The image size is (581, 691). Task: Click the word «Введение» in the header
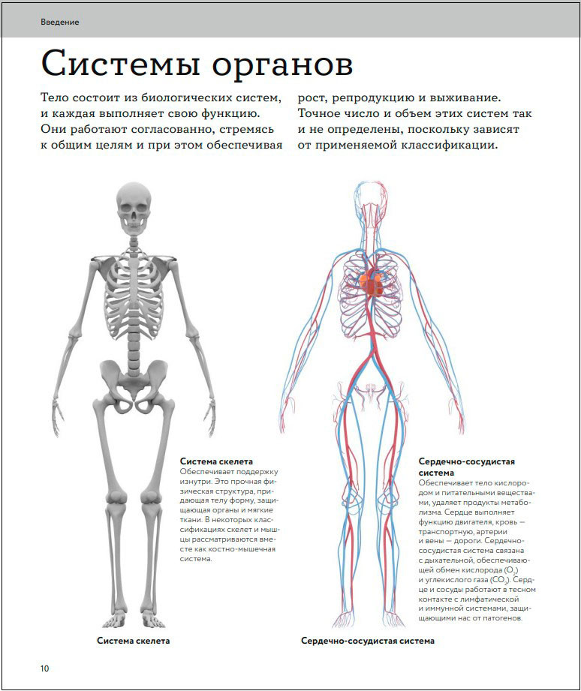pyautogui.click(x=60, y=22)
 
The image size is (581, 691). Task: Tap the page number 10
pyautogui.click(x=45, y=668)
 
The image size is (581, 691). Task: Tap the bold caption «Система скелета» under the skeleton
pyautogui.click(x=134, y=641)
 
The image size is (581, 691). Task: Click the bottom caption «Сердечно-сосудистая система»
pyautogui.click(x=368, y=641)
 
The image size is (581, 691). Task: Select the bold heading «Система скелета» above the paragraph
pyautogui.click(x=216, y=461)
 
